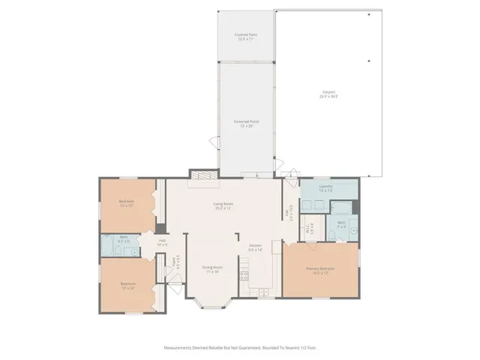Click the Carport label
pyautogui.click(x=328, y=92)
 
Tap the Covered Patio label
pyautogui.click(x=245, y=34)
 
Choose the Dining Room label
pyautogui.click(x=213, y=266)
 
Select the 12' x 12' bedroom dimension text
pyautogui.click(x=127, y=287)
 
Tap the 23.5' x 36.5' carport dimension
pyautogui.click(x=328, y=97)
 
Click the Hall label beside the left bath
pyautogui.click(x=161, y=241)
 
